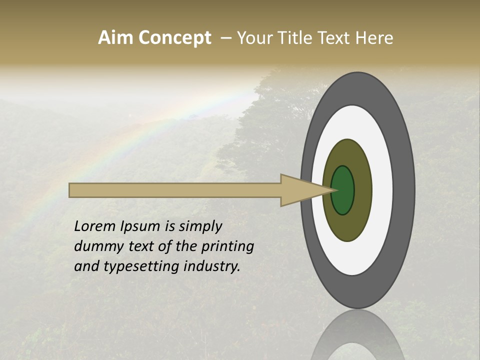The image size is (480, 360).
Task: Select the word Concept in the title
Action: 174,38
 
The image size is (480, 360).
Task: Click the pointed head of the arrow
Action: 305,190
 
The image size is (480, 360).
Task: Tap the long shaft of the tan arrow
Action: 175,190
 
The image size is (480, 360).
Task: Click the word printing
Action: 227,247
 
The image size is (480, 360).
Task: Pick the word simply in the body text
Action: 200,227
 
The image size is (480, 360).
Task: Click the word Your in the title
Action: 254,38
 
